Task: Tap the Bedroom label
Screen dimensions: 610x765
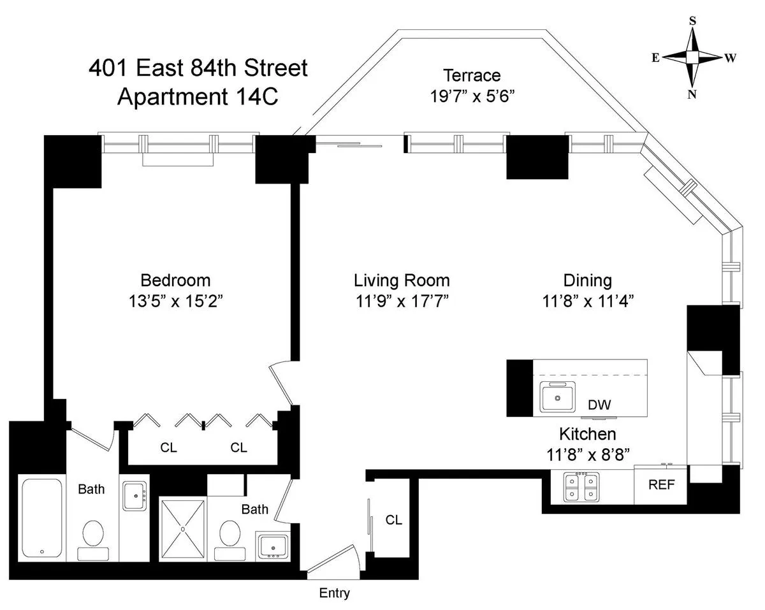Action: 175,280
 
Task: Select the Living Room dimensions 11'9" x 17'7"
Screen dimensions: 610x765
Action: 402,300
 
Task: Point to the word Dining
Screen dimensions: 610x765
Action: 587,280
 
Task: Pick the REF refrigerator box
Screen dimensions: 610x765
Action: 660,484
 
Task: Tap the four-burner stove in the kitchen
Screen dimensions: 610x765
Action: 581,488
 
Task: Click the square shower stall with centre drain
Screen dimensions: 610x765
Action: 183,528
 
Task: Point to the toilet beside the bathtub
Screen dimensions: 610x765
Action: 93,535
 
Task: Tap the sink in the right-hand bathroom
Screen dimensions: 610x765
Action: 273,546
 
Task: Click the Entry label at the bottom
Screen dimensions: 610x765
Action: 334,593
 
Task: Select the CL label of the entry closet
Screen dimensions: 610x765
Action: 394,520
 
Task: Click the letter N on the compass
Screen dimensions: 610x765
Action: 692,94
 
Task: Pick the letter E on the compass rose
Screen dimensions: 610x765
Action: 655,57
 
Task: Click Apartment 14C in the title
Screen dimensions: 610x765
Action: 198,98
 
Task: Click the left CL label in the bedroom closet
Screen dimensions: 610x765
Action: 168,448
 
